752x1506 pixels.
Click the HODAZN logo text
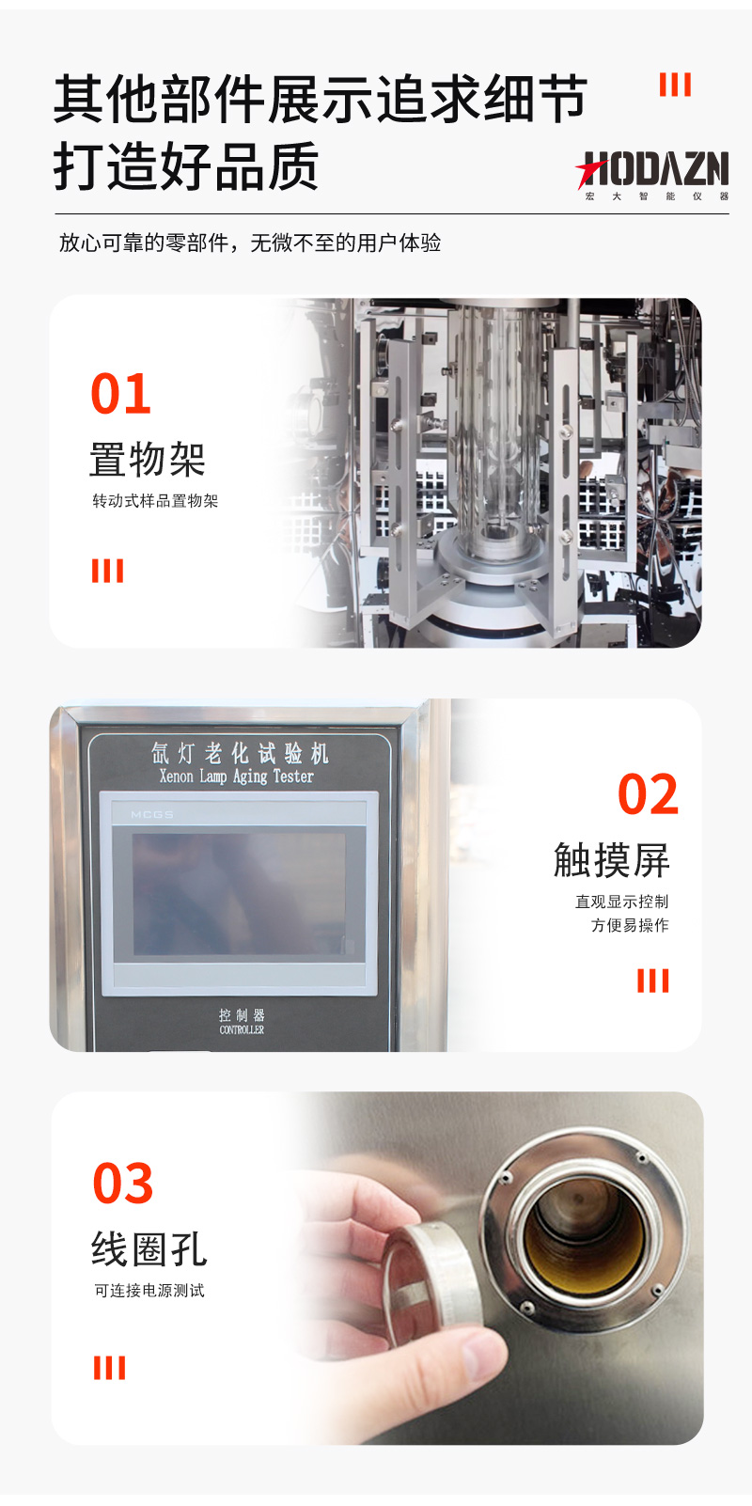[x=651, y=168]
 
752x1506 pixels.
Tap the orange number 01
[x=121, y=394]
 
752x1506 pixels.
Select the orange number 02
[x=648, y=794]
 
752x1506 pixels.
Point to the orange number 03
[x=123, y=1183]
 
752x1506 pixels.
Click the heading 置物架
[x=148, y=460]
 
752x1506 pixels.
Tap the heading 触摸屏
[x=612, y=860]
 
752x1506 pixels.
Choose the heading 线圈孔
[x=149, y=1248]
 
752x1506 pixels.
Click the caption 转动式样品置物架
[x=155, y=501]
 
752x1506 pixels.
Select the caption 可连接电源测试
[x=149, y=1290]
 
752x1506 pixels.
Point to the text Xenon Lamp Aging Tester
[x=237, y=777]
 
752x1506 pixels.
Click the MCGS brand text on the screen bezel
[x=152, y=814]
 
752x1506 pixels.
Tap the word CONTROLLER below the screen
[x=242, y=1029]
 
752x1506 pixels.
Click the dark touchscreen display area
[x=239, y=894]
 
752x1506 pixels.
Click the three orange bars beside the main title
[x=675, y=85]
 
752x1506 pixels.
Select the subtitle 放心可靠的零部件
[x=144, y=243]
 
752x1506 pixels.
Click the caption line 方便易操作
[x=630, y=925]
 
